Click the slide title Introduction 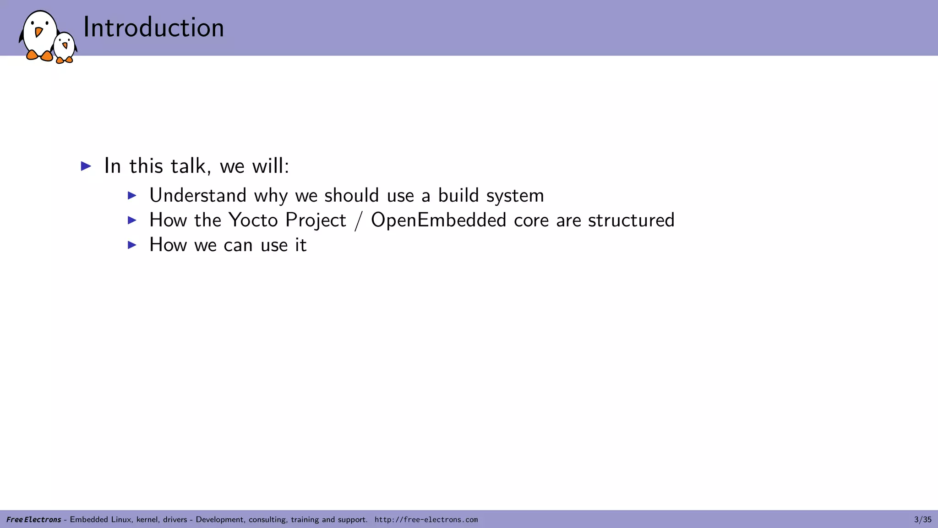tap(153, 27)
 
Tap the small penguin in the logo tap(64, 47)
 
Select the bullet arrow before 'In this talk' tap(86, 166)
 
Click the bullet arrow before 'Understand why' tap(132, 196)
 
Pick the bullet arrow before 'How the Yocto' tap(132, 220)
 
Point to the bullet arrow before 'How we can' tap(132, 245)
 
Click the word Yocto tap(253, 220)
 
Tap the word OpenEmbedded tap(438, 220)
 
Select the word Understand tap(198, 196)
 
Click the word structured tap(631, 220)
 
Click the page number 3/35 tap(922, 520)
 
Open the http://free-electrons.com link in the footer tap(426, 520)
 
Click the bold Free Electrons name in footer tap(33, 520)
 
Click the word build tap(458, 196)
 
